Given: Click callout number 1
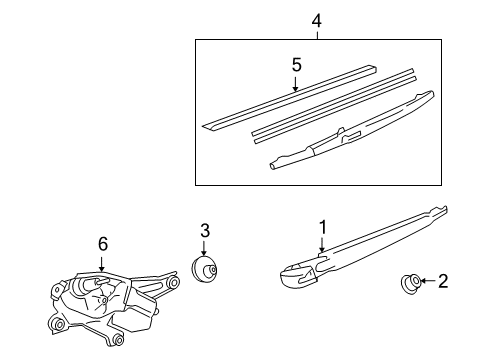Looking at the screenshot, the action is coord(322,228).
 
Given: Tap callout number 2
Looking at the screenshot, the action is coord(443,281).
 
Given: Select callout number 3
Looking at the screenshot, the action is coord(205,230).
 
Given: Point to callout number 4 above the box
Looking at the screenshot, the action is coord(317,21).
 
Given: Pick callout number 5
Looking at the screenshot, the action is coord(296,65).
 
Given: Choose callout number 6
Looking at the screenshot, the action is coord(103,244).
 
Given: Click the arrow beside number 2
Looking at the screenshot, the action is coord(428,281).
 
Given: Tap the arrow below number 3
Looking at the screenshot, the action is coord(204,248).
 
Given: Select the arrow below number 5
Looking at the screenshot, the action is coord(295,84).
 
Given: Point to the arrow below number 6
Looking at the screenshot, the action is coord(102,263).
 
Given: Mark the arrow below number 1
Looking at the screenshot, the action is coord(322,245).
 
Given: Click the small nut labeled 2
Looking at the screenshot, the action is coord(410,283).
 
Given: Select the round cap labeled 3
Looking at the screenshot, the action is coord(204,269).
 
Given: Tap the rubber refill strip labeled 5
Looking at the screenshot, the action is coord(289,97).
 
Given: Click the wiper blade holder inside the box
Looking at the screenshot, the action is coord(352,131).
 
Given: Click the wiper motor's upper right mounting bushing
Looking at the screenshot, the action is coord(173,283).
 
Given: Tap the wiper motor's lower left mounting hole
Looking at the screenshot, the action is coord(59,325).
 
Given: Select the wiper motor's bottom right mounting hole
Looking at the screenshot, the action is coord(118,340).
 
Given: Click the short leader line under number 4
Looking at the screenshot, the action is coord(317,36).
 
